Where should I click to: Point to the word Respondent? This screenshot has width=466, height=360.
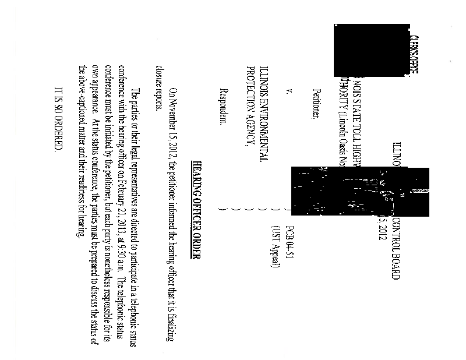pyautogui.click(x=222, y=107)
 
